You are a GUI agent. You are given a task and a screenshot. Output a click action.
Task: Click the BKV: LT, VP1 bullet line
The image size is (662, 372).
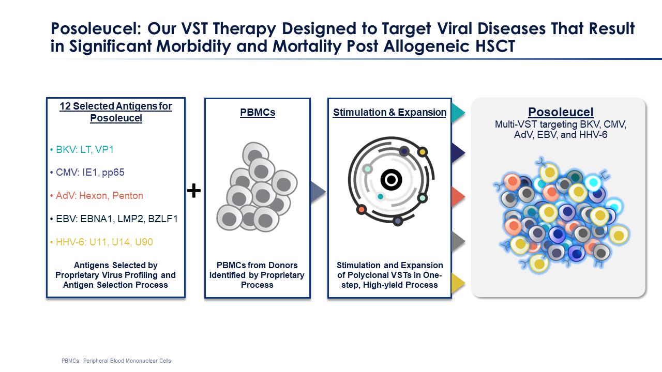(82, 150)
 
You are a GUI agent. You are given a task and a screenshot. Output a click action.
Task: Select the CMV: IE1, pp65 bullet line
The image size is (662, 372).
(87, 173)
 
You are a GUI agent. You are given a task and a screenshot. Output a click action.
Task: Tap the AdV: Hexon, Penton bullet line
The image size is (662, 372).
(96, 196)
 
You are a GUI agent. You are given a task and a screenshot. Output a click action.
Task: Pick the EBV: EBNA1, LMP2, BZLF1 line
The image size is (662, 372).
(114, 219)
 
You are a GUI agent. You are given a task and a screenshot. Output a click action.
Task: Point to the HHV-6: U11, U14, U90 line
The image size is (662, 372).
(101, 242)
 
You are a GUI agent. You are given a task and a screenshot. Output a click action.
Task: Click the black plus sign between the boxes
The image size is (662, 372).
(194, 191)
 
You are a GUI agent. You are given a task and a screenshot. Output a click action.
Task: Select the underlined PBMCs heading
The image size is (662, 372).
(258, 113)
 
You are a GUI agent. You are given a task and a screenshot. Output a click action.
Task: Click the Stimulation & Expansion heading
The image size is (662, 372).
(389, 113)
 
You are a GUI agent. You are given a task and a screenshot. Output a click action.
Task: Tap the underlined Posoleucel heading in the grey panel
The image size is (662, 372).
(561, 112)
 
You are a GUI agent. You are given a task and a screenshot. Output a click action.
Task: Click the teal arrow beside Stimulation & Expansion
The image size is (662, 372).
(458, 113)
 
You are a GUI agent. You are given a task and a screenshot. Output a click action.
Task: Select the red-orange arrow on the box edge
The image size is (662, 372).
(458, 197)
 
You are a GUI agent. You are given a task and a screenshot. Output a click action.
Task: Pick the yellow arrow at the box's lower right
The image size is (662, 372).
(458, 283)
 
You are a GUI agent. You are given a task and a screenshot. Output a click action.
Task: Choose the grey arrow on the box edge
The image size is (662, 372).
(458, 241)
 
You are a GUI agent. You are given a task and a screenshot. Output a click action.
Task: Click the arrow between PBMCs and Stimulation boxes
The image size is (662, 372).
(318, 192)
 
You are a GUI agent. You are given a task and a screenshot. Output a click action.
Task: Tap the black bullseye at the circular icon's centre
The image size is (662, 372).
(392, 179)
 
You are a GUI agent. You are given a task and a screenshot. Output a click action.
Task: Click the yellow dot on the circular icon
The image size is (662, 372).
(423, 152)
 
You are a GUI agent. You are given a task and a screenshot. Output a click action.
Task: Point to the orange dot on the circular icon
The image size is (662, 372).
(361, 210)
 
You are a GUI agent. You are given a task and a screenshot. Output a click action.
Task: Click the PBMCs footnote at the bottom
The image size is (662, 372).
(116, 361)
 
